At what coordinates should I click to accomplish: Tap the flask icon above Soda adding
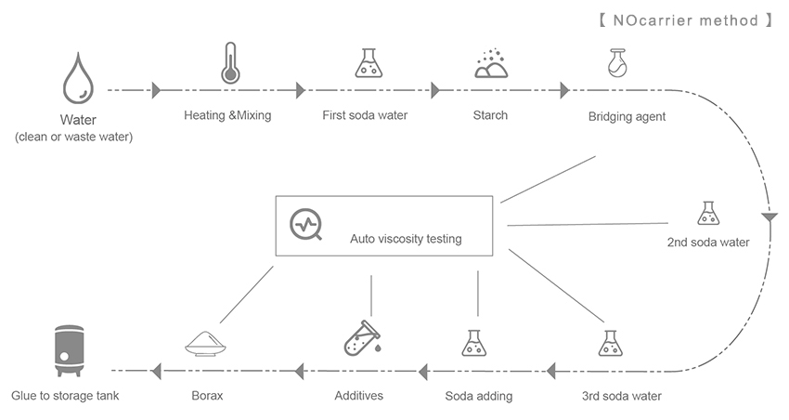[474, 343]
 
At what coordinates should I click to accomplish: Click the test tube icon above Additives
[359, 340]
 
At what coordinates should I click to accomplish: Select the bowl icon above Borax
[209, 343]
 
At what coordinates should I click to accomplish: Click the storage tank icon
[65, 349]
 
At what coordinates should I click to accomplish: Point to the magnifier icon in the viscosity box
[306, 225]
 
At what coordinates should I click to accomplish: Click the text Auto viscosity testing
[406, 239]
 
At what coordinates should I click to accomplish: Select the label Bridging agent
[627, 116]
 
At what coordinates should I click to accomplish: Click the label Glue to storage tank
[65, 396]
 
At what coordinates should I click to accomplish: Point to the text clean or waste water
[73, 138]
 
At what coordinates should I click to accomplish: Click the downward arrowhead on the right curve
[768, 217]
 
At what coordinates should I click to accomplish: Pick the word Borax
[208, 396]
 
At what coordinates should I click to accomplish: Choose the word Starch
[490, 116]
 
